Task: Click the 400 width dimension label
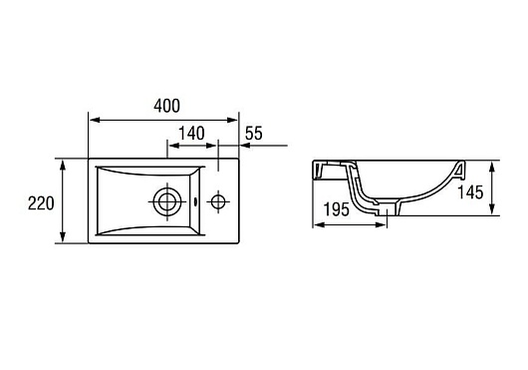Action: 166,106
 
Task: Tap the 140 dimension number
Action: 191,133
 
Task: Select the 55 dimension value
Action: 254,133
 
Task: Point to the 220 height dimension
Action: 41,203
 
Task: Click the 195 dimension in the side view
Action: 337,209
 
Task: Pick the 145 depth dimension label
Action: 470,192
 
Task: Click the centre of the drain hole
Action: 167,201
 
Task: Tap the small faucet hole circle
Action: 218,201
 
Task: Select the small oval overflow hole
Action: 196,202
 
